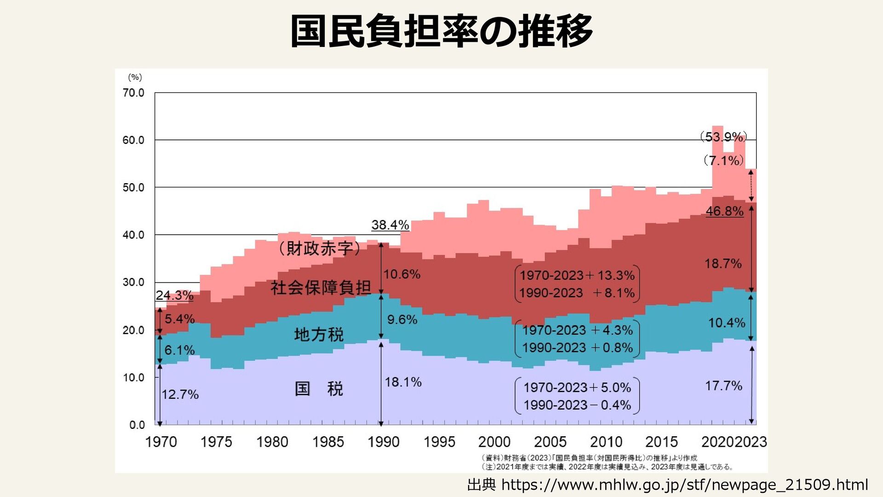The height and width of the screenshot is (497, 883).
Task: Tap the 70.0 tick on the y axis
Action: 133,93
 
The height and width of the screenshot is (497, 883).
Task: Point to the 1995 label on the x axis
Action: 439,442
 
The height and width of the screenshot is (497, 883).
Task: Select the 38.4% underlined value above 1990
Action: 390,225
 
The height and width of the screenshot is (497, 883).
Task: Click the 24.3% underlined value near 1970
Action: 174,295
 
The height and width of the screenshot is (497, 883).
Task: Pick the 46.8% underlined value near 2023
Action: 724,211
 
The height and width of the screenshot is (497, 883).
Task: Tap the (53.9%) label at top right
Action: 723,137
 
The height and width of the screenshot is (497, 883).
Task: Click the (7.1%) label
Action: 723,160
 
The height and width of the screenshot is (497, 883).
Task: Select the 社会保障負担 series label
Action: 321,288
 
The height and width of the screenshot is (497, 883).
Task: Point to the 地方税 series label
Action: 319,335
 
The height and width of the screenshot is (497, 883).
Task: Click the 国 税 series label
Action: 319,389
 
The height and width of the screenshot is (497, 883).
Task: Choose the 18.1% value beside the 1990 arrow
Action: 403,382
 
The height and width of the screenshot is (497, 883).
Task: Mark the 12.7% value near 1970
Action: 180,394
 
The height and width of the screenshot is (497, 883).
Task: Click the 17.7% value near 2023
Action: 723,386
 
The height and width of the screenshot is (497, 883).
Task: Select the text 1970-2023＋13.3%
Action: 577,275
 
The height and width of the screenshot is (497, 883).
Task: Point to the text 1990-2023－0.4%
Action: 577,405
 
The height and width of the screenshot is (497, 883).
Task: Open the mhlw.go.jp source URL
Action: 684,485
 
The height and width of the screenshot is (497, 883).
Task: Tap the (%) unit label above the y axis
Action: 135,77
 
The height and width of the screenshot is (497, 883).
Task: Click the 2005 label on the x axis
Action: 550,442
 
